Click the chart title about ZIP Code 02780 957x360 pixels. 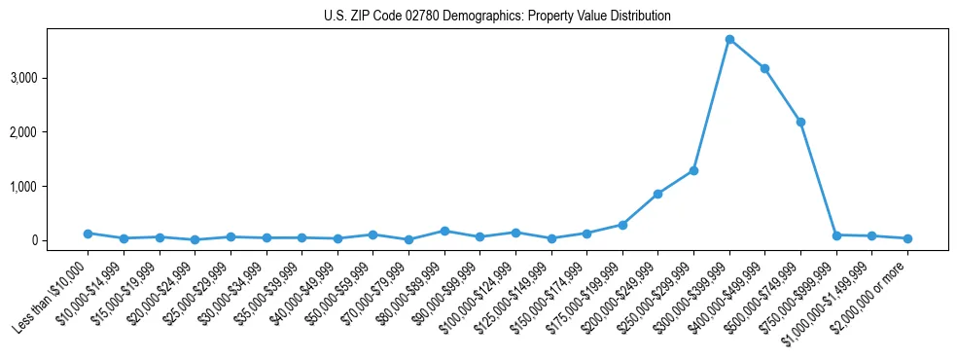click(x=497, y=17)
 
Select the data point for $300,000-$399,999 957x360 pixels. click(x=729, y=40)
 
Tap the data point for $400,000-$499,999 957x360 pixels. click(x=764, y=68)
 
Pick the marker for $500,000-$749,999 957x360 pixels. click(x=800, y=122)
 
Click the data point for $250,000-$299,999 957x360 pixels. click(x=693, y=170)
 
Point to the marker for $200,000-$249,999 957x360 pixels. click(x=657, y=194)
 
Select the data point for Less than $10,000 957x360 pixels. click(x=88, y=234)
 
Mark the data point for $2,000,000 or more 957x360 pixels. click(x=907, y=238)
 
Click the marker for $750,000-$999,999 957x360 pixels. click(x=836, y=235)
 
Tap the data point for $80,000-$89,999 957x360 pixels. click(x=444, y=231)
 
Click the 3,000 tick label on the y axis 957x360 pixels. click(x=51, y=78)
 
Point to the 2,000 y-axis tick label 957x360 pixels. click(x=51, y=132)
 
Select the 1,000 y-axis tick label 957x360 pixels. click(x=51, y=186)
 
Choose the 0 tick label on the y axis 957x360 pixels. click(x=61, y=240)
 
